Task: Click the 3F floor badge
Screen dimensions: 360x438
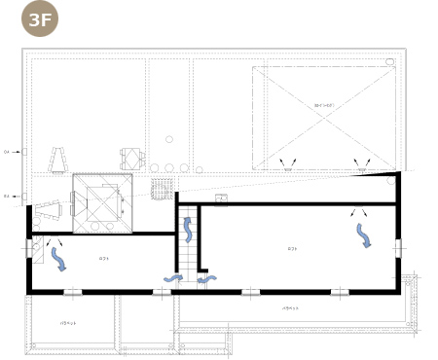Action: (x=40, y=19)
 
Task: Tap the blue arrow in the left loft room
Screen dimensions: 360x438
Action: (x=57, y=259)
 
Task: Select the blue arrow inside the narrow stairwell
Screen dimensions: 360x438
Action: (x=188, y=230)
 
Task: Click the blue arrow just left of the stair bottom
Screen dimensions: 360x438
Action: (x=172, y=279)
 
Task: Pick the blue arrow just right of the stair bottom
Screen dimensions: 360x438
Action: (x=206, y=279)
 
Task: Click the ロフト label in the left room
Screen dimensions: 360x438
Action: (x=104, y=258)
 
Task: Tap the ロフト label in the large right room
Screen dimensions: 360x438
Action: (x=292, y=249)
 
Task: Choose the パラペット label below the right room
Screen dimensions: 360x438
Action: (x=291, y=308)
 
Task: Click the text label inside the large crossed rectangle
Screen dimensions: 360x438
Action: (x=324, y=104)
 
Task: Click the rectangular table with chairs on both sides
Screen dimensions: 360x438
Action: (x=131, y=159)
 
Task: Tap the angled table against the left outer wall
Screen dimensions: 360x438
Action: (x=49, y=208)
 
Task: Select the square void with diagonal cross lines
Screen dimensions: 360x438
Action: (x=101, y=203)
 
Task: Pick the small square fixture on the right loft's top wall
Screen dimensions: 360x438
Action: (x=222, y=198)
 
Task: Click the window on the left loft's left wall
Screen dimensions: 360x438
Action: (x=28, y=248)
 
